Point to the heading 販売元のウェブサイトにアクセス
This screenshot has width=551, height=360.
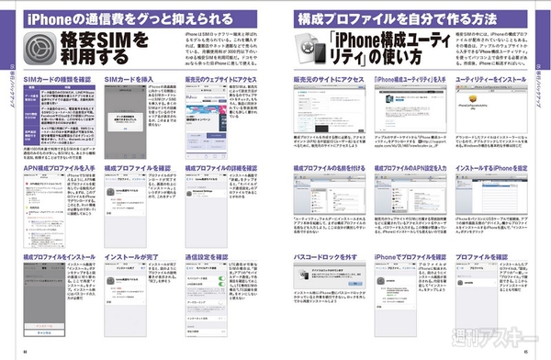(220, 79)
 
